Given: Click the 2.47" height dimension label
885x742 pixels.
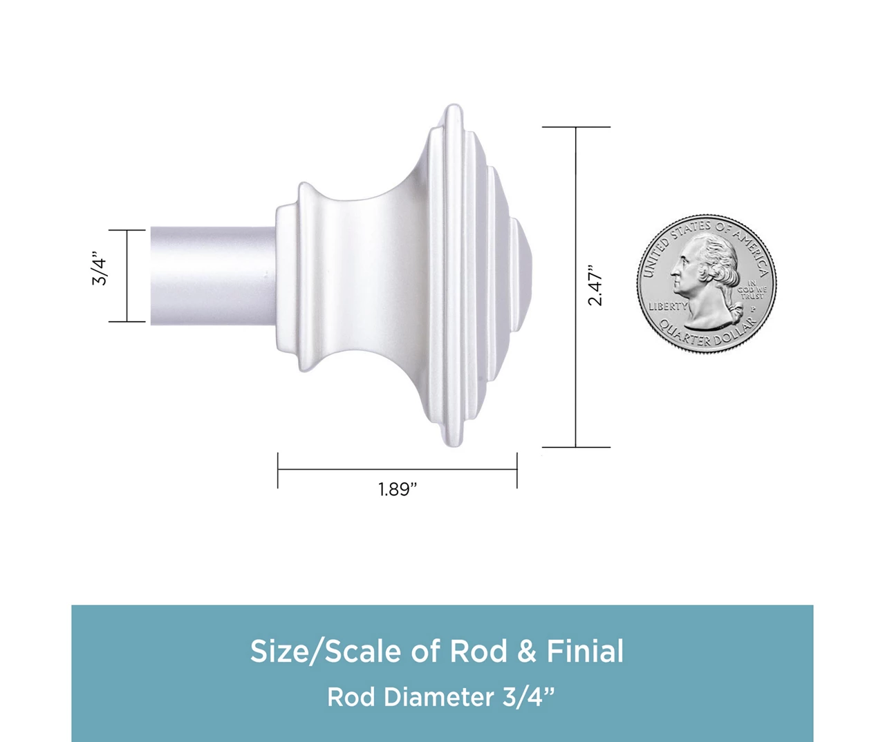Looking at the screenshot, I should click(x=595, y=284).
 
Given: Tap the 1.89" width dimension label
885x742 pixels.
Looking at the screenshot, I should click(x=398, y=489).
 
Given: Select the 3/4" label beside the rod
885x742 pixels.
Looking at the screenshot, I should click(x=100, y=269).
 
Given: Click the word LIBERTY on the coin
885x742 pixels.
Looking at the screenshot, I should click(x=667, y=306).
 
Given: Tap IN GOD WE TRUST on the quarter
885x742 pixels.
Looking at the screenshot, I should click(x=752, y=289).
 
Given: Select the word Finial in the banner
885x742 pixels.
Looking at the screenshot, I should click(x=585, y=651).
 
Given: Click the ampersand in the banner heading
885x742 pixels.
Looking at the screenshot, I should click(x=527, y=651).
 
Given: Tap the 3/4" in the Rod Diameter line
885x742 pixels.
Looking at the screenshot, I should click(x=528, y=696).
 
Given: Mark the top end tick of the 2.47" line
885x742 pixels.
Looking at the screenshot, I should click(x=576, y=127).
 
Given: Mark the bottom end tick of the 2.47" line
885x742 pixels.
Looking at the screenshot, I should click(x=576, y=447).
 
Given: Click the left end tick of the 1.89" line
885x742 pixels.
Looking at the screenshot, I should click(x=278, y=470).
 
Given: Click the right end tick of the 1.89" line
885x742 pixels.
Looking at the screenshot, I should click(x=516, y=470).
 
